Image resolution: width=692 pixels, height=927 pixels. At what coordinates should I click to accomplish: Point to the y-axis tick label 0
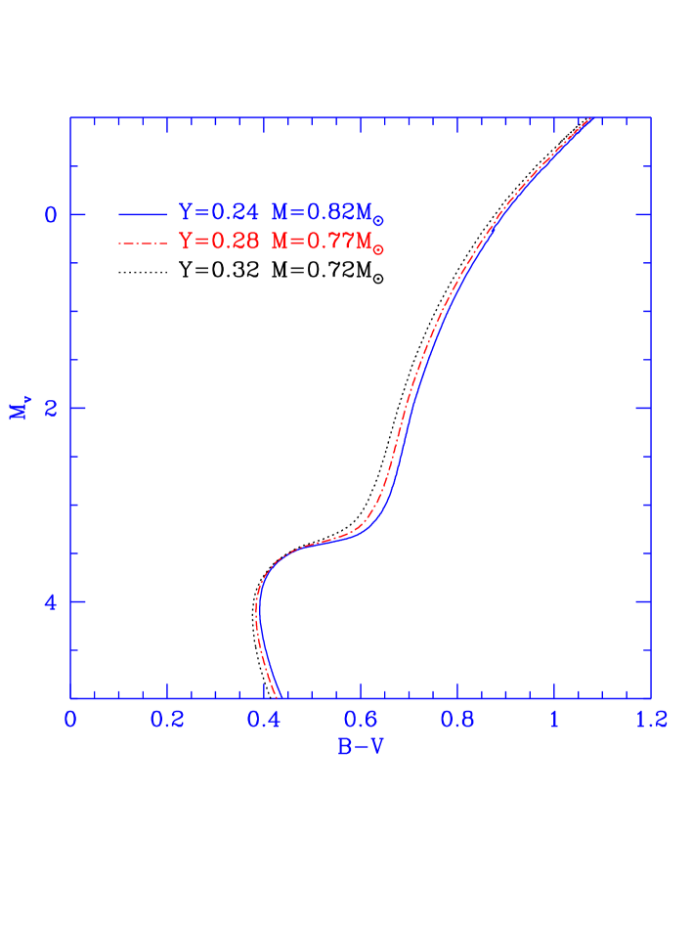[x=51, y=214]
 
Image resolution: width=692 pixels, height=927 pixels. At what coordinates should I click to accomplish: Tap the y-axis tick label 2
[x=51, y=408]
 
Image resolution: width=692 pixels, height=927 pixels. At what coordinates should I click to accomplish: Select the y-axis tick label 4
[x=51, y=601]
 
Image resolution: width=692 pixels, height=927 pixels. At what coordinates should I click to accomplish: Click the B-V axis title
[x=361, y=748]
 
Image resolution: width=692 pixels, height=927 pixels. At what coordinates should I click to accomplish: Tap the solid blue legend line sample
[x=143, y=212]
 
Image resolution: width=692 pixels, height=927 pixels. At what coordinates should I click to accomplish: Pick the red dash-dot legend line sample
[x=143, y=242]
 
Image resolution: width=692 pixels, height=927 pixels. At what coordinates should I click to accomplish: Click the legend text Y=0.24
[x=219, y=212]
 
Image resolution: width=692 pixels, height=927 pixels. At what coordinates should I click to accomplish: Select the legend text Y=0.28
[x=219, y=242]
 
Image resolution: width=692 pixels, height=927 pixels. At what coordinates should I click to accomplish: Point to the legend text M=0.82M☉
[x=327, y=213]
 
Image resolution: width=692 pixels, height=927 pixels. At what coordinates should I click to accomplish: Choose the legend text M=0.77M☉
[x=327, y=243]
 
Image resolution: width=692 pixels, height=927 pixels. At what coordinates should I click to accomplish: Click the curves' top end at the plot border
[x=590, y=119]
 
